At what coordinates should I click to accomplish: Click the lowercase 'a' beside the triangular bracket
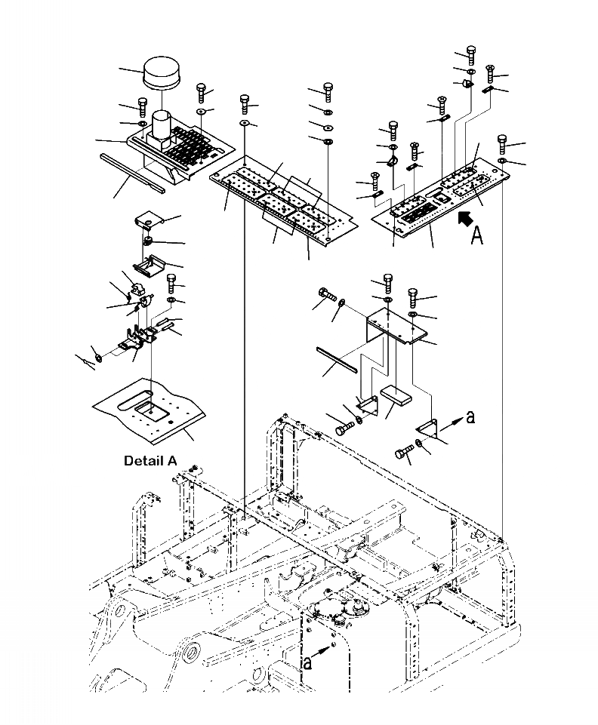(x=470, y=416)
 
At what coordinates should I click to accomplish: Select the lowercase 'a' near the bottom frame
(x=306, y=662)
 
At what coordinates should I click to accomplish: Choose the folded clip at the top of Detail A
(x=148, y=221)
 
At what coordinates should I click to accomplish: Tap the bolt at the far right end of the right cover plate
(x=503, y=143)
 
